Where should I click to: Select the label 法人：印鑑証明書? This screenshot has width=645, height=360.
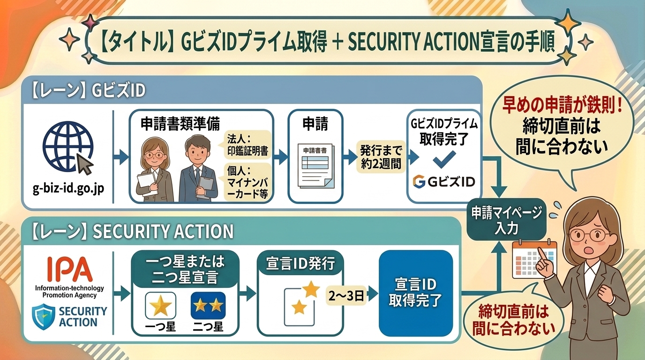247,145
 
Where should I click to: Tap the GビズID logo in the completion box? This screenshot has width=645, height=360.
443,181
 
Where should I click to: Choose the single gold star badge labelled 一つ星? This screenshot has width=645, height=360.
161,306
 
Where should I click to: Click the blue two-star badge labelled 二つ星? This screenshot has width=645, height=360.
208,306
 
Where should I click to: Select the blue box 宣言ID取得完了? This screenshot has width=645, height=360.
416,293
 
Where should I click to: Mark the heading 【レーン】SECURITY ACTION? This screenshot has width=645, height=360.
133,231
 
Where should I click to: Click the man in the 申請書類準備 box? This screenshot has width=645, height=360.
196,169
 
